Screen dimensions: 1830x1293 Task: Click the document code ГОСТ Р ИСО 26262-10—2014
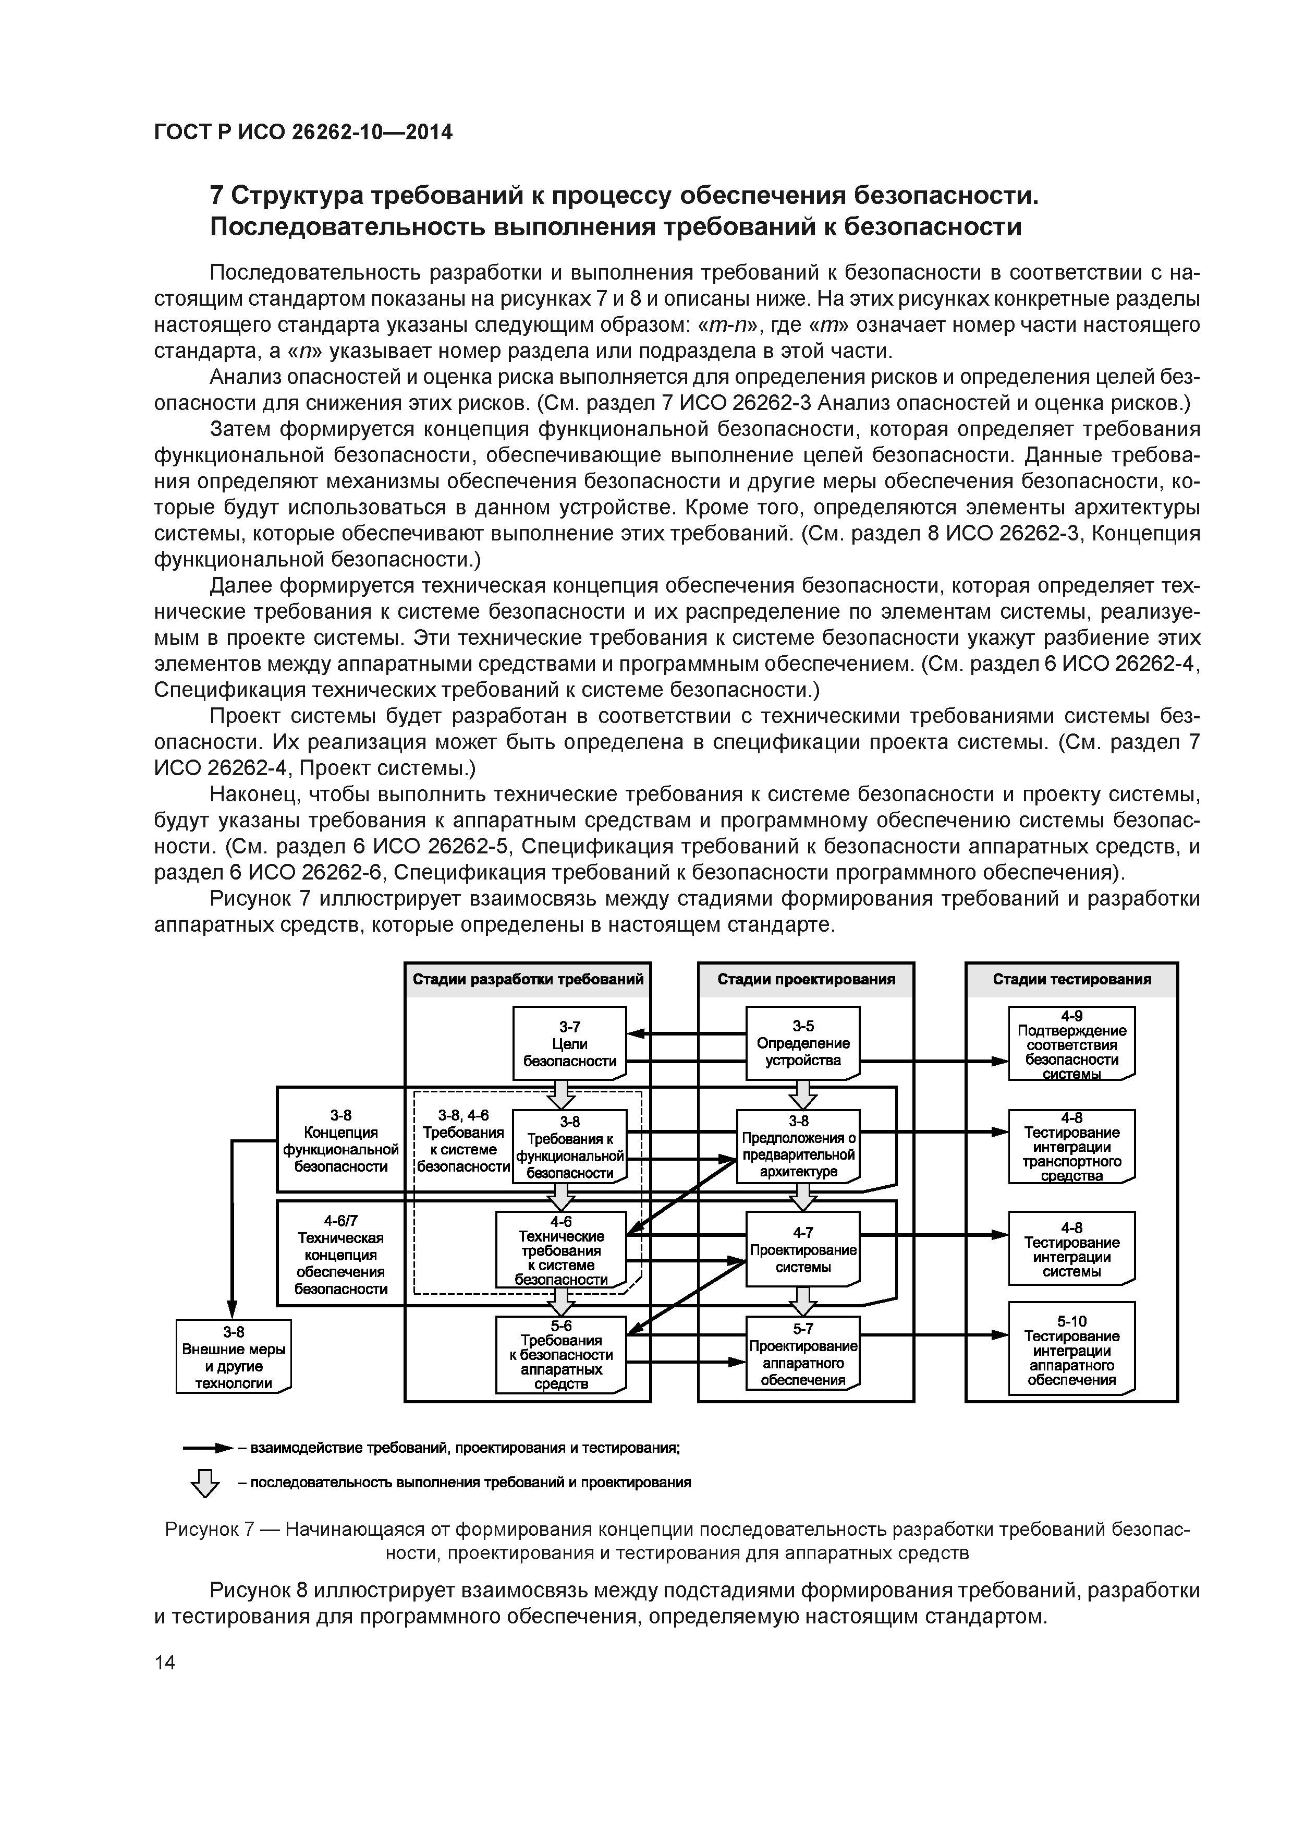point(303,133)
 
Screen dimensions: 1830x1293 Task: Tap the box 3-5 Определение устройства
point(802,1042)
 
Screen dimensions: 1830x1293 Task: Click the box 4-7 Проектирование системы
point(802,1249)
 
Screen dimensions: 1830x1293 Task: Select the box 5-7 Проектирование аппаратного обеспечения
point(802,1353)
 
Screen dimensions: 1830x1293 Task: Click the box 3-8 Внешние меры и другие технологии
point(234,1356)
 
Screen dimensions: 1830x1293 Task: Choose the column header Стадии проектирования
point(806,979)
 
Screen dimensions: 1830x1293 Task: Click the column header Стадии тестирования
point(1071,979)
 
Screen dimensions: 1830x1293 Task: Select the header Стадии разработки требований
point(528,979)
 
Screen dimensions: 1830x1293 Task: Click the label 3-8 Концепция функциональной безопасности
point(341,1140)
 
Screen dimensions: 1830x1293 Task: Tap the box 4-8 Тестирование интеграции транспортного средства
point(1071,1146)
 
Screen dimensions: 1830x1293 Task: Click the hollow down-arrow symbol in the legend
point(205,1483)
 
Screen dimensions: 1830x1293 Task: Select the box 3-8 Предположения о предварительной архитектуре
point(798,1146)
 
